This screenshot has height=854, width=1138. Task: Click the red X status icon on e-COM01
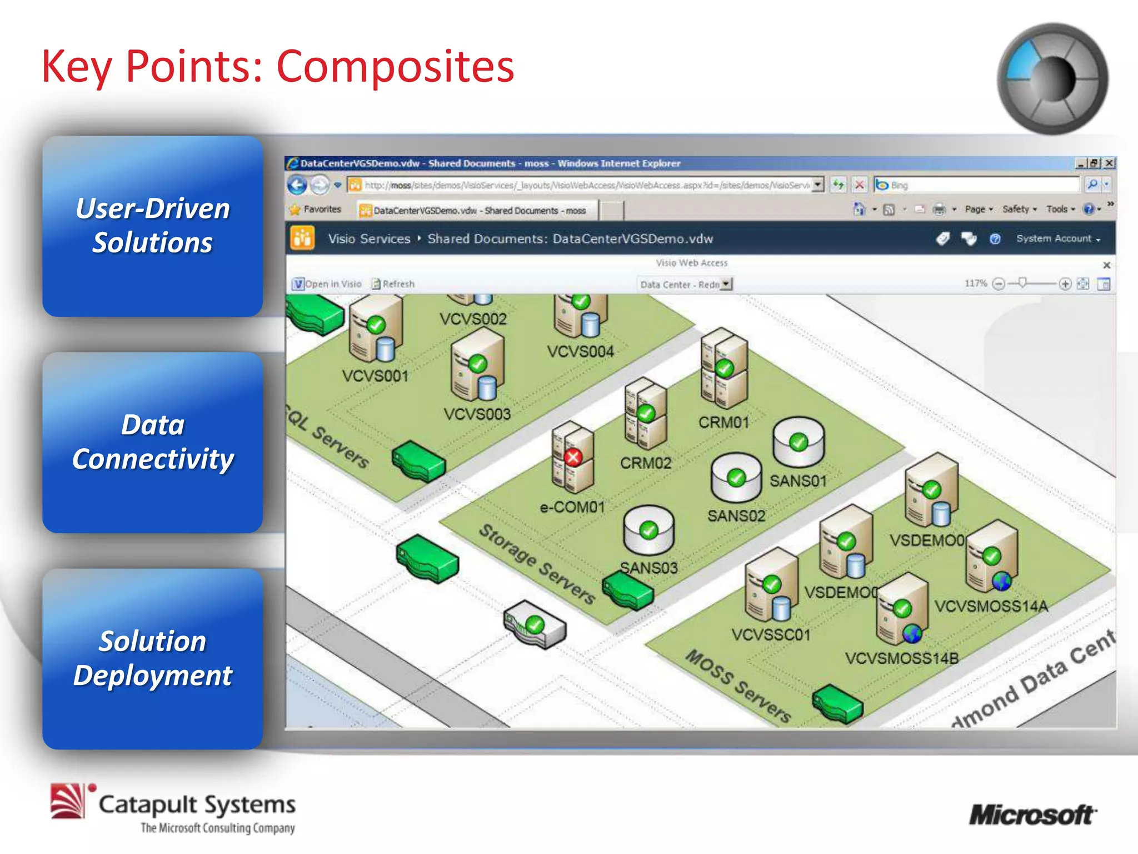tap(573, 458)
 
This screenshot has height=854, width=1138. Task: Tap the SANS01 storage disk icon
tap(798, 441)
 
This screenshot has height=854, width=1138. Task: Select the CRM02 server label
tap(646, 463)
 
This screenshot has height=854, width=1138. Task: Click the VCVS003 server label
tap(477, 414)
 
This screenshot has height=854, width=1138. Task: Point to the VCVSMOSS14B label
tap(902, 659)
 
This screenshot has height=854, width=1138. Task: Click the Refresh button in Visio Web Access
tap(393, 284)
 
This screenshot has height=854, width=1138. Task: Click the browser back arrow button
tap(297, 185)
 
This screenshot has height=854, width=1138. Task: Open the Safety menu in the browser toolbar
tap(1019, 209)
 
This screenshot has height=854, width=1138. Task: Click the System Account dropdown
tap(1057, 239)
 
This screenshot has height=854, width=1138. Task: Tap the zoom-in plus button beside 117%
tap(1065, 284)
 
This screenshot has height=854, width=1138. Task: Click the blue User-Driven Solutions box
tap(152, 226)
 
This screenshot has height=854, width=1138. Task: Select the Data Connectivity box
tap(152, 443)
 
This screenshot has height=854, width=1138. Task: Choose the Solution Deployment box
tap(152, 659)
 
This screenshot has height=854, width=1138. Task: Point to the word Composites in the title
tap(395, 67)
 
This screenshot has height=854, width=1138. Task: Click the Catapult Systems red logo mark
tap(68, 801)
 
